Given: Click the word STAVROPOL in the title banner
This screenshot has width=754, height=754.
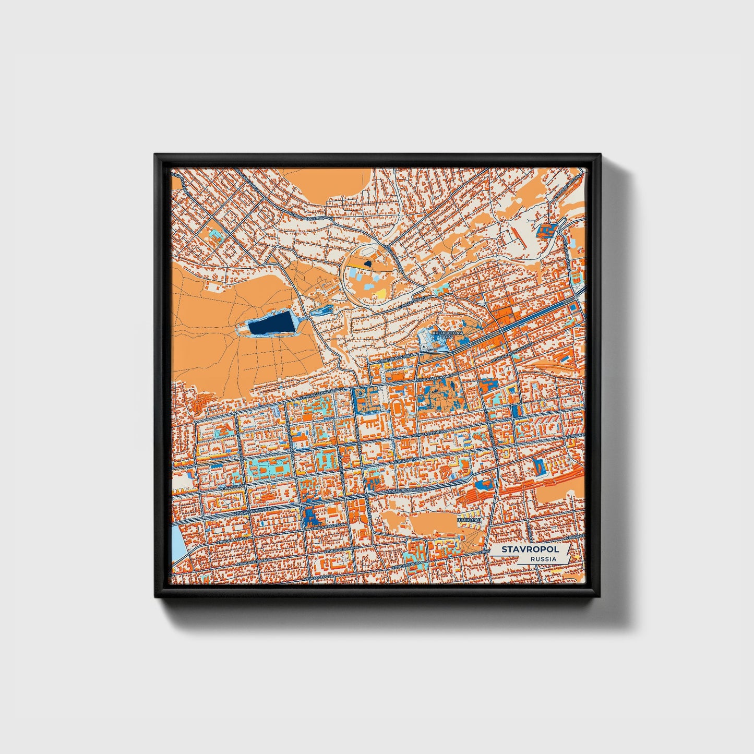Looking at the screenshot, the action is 530,549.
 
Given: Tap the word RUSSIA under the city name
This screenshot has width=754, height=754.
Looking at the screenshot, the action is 543,559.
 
